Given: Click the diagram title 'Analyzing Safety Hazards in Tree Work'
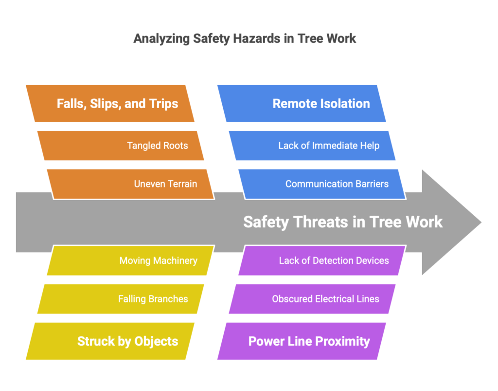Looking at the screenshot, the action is click(x=245, y=39).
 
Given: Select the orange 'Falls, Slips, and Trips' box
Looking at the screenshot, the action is click(x=110, y=103).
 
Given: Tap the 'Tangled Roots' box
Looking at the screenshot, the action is click(x=121, y=146).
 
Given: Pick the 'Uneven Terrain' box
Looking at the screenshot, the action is click(x=131, y=184).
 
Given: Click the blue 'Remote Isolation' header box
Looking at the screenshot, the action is click(x=302, y=103).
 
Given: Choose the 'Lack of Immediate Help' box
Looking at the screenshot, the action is click(x=312, y=146).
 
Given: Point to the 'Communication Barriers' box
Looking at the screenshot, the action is click(x=322, y=184).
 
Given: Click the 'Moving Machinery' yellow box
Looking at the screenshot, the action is click(x=131, y=261).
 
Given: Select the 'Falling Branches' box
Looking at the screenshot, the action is click(x=121, y=299).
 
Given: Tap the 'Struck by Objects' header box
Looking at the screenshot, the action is click(x=110, y=341).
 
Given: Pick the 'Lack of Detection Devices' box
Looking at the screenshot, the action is click(x=322, y=261).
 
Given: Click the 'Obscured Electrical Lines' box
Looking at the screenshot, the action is click(x=312, y=299).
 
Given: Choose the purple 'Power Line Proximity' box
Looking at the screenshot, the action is click(x=302, y=341).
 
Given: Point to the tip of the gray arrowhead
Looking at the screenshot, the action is click(x=481, y=222).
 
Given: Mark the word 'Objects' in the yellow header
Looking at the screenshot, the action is click(x=156, y=342).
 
